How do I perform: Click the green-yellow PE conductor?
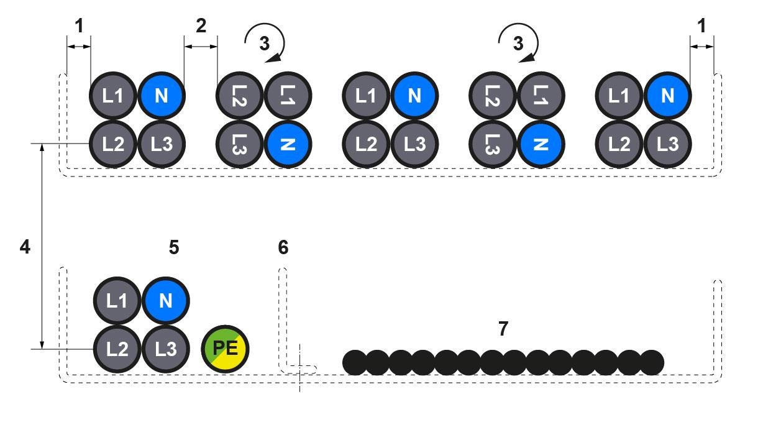226,349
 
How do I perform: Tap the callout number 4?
24,247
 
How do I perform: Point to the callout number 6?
283,247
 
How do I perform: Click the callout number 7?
503,329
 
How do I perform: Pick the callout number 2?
201,26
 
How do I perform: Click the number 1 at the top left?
78,26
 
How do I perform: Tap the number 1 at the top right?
701,26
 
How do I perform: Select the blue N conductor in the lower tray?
165,301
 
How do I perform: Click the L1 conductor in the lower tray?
117,301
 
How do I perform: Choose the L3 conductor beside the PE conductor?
165,349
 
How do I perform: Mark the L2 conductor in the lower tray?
117,349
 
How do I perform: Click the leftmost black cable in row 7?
355,362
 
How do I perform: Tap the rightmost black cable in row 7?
652,362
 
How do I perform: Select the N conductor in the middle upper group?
414,96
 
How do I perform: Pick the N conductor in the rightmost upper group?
667,96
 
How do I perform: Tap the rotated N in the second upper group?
288,144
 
